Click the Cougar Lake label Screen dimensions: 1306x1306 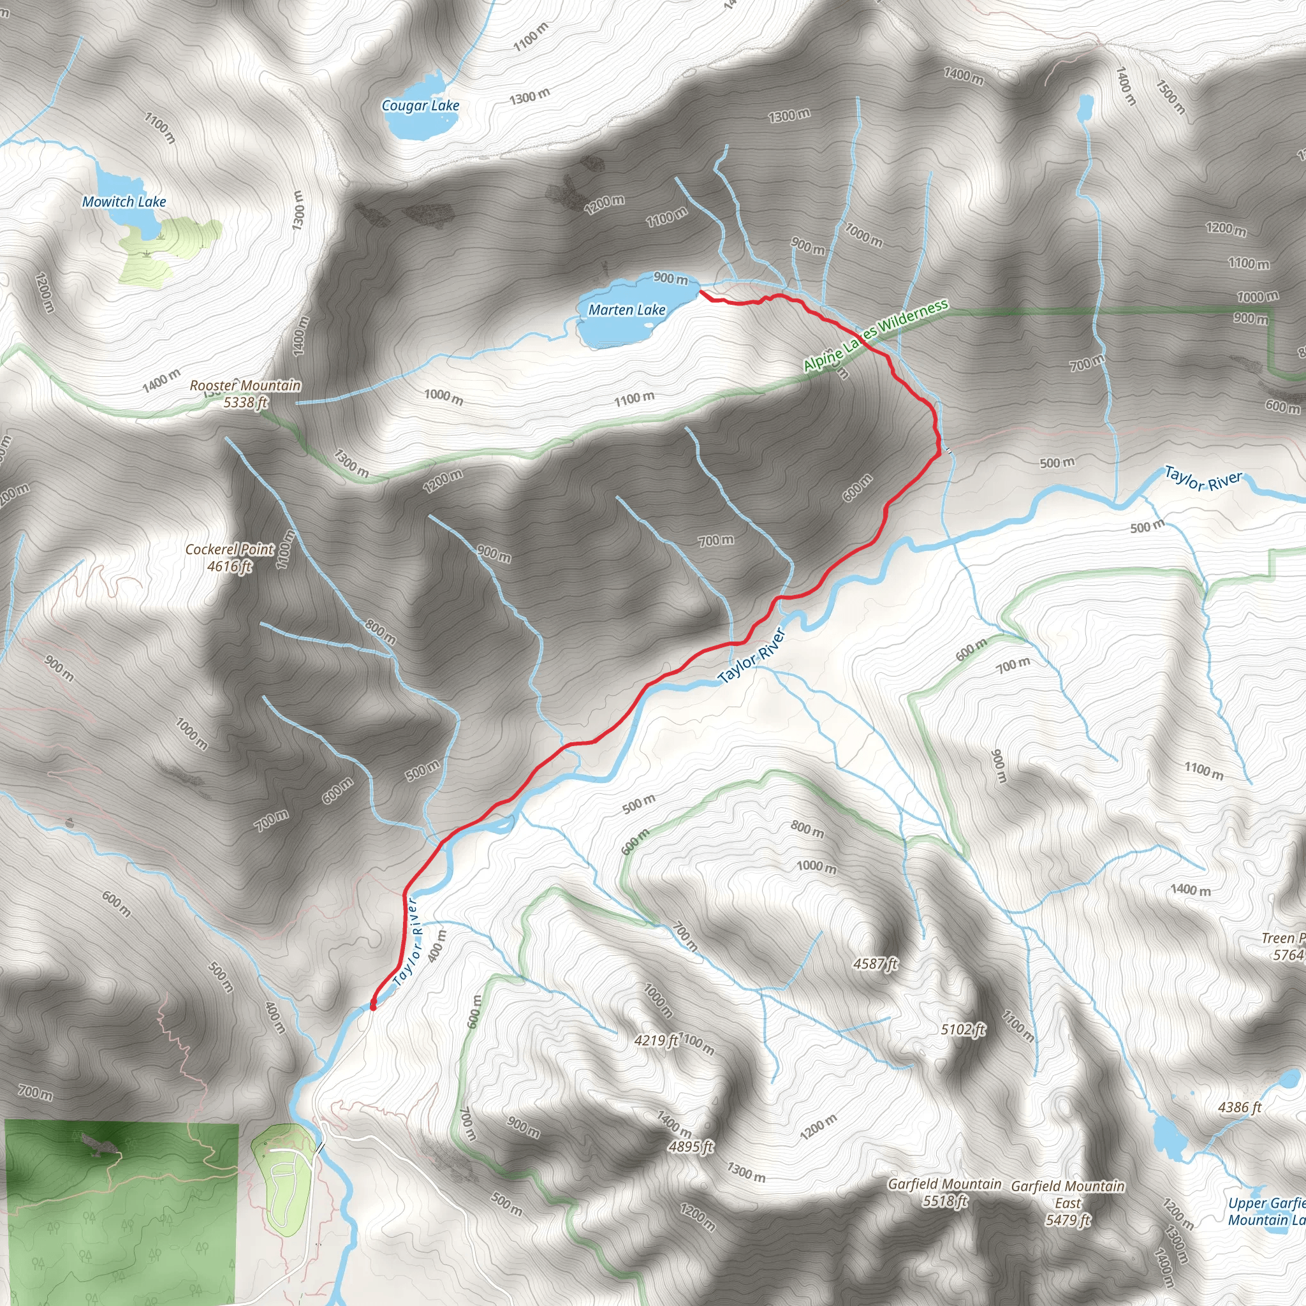click(x=420, y=105)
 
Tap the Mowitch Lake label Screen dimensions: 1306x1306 click(x=124, y=202)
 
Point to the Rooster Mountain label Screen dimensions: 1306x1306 click(x=246, y=385)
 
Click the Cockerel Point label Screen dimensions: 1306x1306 click(x=230, y=549)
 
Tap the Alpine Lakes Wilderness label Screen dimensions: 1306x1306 click(x=876, y=336)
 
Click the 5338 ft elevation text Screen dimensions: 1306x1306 click(x=246, y=402)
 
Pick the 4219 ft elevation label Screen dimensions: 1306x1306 click(x=656, y=1039)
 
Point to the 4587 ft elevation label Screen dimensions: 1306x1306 click(x=876, y=964)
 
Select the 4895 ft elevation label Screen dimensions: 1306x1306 click(x=691, y=1146)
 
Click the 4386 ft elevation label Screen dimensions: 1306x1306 click(x=1240, y=1107)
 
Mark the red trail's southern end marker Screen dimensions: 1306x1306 click(x=373, y=1005)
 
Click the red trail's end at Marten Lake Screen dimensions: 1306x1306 click(x=701, y=291)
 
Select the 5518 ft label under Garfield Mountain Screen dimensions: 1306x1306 click(x=945, y=1201)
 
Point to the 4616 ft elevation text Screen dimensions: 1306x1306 click(x=230, y=566)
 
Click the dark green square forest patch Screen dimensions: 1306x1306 click(x=122, y=1210)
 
